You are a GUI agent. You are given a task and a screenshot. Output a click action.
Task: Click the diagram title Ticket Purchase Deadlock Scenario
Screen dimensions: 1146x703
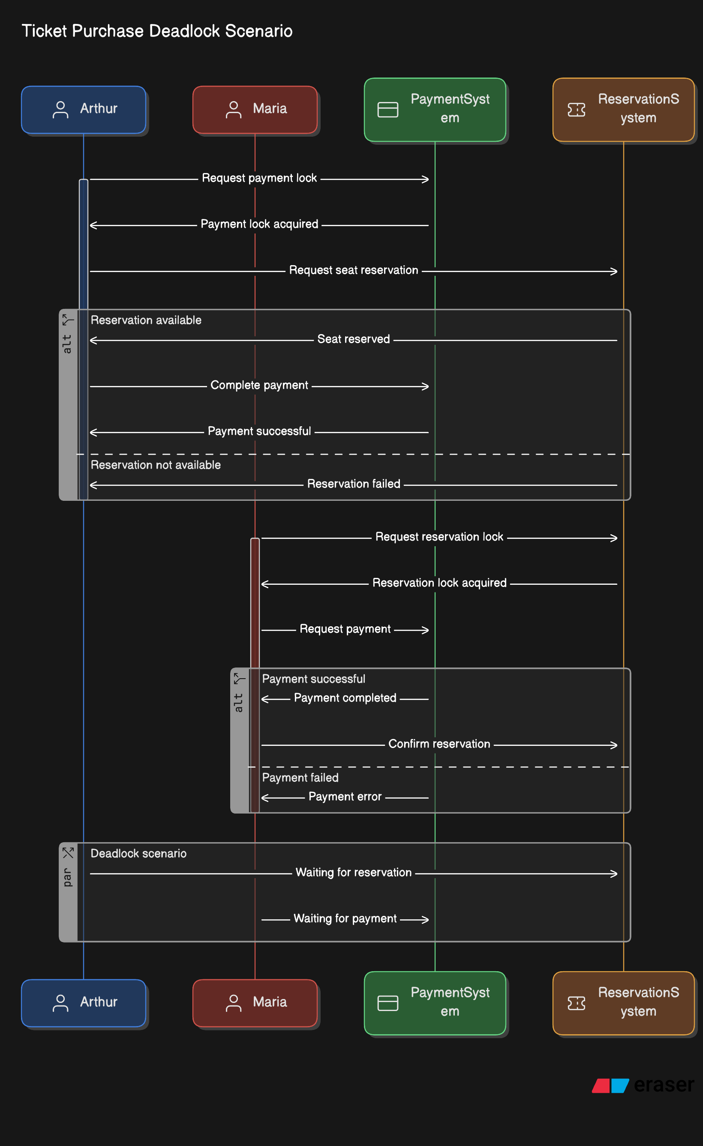[157, 31]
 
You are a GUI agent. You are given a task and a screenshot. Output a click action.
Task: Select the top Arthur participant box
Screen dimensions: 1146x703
[84, 109]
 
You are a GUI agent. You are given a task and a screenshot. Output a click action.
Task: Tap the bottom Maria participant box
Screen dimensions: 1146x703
[255, 1003]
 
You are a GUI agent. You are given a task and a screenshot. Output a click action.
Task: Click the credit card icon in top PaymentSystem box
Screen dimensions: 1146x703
[388, 110]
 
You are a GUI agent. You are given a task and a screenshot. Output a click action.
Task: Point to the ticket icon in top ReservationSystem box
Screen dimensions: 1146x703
[576, 110]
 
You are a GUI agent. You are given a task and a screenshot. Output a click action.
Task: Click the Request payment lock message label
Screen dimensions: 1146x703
[259, 178]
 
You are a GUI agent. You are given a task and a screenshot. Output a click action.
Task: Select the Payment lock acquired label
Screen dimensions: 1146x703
[259, 224]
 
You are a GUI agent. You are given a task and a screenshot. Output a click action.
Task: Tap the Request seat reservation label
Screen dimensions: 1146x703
[353, 270]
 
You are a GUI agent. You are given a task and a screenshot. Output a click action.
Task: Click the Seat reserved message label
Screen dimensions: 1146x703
[353, 339]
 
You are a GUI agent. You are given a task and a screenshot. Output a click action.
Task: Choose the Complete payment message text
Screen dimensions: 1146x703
[259, 385]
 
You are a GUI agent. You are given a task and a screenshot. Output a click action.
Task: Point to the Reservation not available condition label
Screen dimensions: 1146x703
[156, 465]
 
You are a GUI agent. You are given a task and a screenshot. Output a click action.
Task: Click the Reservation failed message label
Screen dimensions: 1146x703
[353, 484]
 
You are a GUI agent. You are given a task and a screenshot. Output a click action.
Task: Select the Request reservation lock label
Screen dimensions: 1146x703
[439, 537]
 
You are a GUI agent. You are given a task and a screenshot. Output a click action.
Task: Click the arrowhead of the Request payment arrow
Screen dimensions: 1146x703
[425, 630]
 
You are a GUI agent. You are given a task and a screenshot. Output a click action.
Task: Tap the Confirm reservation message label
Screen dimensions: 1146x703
[439, 744]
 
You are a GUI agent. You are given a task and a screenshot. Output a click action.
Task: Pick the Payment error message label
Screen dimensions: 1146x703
[345, 797]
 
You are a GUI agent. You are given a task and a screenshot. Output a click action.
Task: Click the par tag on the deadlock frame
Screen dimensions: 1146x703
[68, 877]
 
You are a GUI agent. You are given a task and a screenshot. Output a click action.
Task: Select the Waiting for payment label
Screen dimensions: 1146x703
[345, 919]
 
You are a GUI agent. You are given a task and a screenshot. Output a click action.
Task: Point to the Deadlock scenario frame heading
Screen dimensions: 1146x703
[138, 853]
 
